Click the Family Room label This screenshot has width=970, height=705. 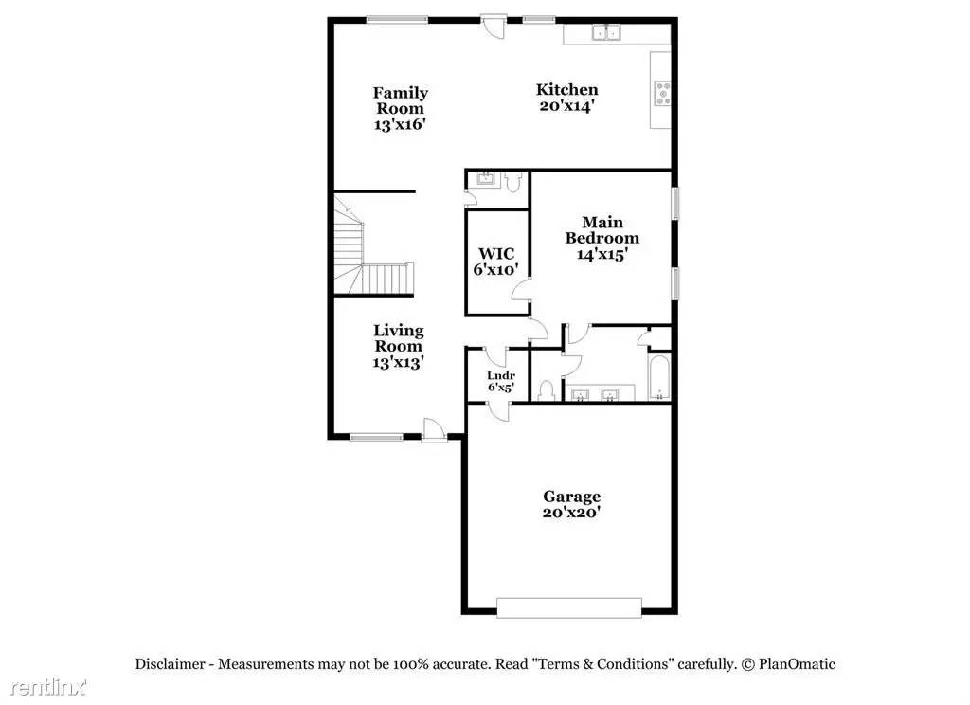pos(401,100)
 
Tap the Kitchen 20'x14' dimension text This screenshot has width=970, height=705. pos(567,106)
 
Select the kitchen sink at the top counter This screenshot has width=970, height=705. pos(606,31)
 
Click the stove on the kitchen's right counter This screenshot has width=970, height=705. pos(662,93)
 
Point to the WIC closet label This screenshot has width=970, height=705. pos(496,253)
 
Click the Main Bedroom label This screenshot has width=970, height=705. pos(602,229)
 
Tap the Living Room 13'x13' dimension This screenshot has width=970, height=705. pos(398,363)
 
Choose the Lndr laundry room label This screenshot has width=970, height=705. pos(501,375)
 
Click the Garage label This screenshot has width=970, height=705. pos(571,496)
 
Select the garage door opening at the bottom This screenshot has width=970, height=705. pos(569,607)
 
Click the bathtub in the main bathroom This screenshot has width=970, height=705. pos(659,376)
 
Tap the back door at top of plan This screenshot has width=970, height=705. pos(494,26)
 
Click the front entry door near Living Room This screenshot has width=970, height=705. pos(434,429)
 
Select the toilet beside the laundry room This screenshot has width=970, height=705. pos(546,390)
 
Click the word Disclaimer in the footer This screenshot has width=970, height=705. pos(171,664)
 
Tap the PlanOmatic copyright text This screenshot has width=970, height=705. pos(789,664)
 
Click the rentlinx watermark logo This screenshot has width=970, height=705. pos(47,686)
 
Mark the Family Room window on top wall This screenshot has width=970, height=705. pos(397,20)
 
